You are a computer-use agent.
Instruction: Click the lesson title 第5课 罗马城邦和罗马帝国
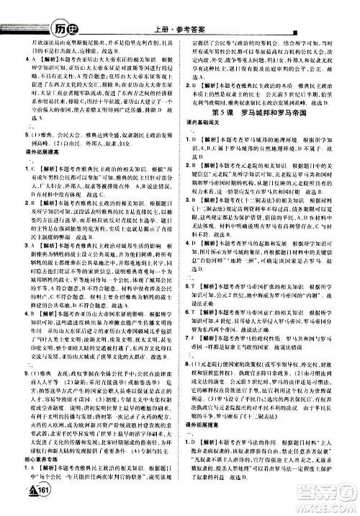(267, 115)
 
